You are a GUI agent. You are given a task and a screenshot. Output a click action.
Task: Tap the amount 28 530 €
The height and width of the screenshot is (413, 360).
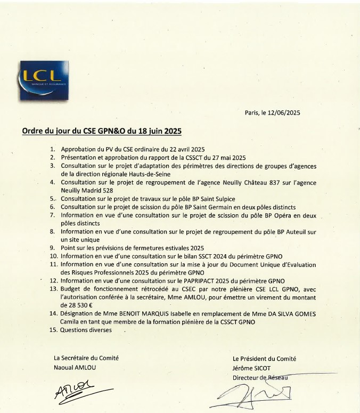click(x=77, y=305)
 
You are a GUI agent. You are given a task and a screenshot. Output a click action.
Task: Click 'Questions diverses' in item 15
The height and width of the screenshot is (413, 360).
click(x=86, y=330)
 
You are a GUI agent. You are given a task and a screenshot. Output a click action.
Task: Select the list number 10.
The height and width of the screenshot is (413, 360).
click(x=54, y=256)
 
